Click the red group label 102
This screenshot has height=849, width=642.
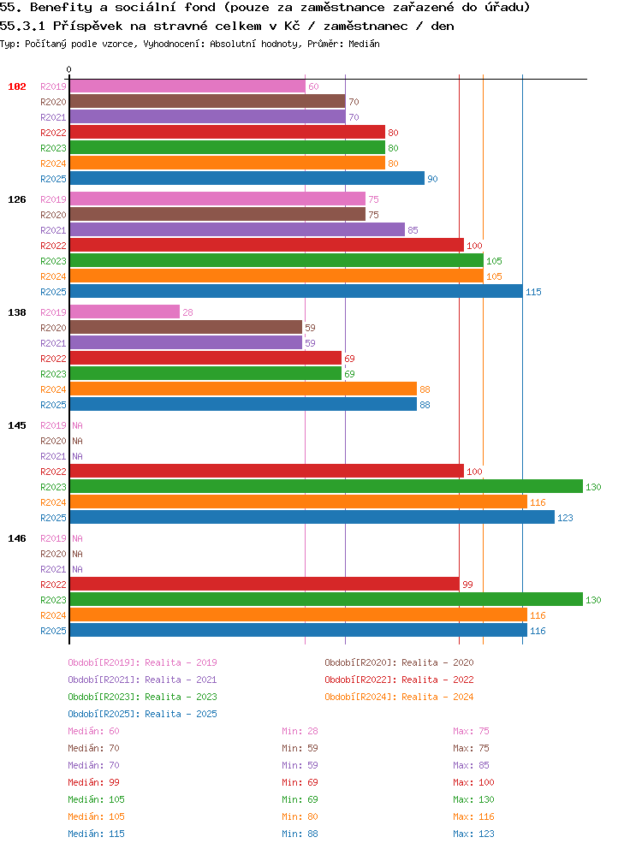tap(17, 86)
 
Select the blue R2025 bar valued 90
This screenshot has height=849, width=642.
tap(247, 178)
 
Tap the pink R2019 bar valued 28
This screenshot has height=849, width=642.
tap(125, 312)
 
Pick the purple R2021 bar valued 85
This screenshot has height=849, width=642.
tap(237, 229)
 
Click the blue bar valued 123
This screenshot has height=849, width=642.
tap(312, 517)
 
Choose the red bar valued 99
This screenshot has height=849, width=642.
tap(265, 584)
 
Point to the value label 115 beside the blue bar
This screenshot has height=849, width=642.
tap(533, 292)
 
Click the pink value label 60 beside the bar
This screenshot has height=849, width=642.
tap(313, 86)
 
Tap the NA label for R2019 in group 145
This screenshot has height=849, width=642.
tap(78, 425)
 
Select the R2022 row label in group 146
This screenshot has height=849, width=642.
tap(53, 585)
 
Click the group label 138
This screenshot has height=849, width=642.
tap(17, 312)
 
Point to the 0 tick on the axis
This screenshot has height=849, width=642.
tap(68, 69)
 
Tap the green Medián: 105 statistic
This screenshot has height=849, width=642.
tap(96, 799)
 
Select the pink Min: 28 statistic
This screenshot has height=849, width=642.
tap(300, 731)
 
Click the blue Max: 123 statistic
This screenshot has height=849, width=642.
tap(473, 834)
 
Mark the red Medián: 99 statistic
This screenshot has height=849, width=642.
tap(93, 782)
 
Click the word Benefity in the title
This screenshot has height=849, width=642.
tap(62, 8)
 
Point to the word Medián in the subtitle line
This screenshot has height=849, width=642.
tap(364, 44)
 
